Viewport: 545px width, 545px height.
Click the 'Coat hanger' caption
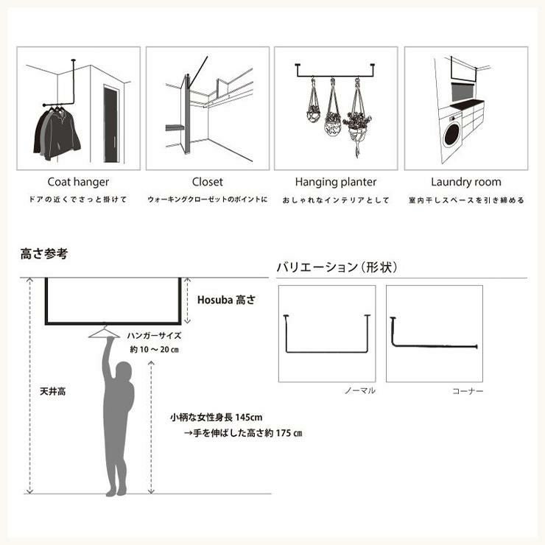78,182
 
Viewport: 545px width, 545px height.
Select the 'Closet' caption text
208,182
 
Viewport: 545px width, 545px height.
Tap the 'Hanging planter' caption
336,182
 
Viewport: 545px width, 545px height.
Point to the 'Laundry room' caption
466,182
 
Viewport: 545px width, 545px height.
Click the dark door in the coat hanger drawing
111,124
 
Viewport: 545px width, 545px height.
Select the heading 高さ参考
43,254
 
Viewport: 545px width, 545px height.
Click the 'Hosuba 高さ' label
226,300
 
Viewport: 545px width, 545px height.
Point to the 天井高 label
52,391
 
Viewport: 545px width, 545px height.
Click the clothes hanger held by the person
104,332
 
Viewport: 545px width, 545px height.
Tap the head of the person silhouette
124,371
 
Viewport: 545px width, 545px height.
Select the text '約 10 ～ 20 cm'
155,349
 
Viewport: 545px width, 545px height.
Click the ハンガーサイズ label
155,336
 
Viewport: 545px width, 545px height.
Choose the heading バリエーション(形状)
337,267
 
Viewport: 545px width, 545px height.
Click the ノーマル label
360,390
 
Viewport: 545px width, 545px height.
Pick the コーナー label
468,391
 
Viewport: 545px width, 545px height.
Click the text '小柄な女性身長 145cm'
217,417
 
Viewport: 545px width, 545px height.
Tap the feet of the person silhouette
116,491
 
